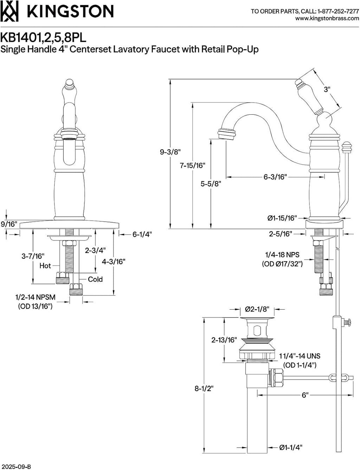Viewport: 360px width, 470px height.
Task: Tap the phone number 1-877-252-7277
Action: [338, 11]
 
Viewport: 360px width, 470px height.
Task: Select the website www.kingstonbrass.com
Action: [327, 18]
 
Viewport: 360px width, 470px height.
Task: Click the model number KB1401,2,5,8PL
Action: [43, 38]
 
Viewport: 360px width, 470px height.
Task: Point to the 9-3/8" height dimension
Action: [170, 152]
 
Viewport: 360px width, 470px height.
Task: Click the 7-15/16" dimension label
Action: [192, 165]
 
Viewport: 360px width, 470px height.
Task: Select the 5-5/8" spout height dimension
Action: [211, 184]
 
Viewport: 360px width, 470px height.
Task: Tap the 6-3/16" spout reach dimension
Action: [275, 177]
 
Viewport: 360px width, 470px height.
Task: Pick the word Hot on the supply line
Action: [45, 266]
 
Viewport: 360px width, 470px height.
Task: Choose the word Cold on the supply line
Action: [95, 279]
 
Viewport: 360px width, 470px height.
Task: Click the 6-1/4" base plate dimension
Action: [142, 234]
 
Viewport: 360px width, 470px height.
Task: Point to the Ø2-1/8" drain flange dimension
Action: [257, 309]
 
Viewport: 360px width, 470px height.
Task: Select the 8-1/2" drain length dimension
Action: [204, 389]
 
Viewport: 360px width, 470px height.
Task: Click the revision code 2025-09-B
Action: [15, 465]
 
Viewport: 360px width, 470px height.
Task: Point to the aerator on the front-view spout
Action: [70, 138]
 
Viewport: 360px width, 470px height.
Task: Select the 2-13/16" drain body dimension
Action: [224, 340]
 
